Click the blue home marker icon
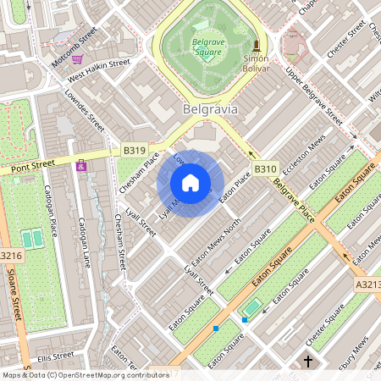point(190,183)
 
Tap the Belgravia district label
point(211,109)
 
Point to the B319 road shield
point(134,151)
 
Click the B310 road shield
point(265,168)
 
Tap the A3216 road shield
point(9,255)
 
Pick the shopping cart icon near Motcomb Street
point(78,59)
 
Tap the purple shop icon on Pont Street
point(81,166)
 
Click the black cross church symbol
point(308,362)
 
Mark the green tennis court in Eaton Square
point(251,306)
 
